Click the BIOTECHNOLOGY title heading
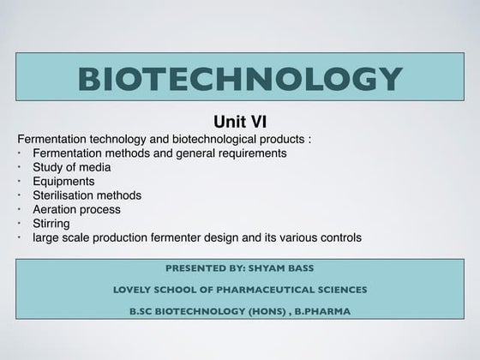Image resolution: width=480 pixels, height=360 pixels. click(239, 80)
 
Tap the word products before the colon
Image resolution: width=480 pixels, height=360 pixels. click(281, 139)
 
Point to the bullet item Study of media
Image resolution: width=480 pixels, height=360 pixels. click(73, 167)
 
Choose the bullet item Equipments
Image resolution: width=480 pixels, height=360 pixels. click(64, 181)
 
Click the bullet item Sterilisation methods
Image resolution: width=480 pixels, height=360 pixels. click(87, 195)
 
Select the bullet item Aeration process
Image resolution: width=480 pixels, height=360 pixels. click(76, 209)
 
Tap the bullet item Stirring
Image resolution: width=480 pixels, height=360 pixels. click(52, 223)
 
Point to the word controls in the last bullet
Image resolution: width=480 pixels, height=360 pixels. click(339, 237)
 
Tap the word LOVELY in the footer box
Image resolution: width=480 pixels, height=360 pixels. click(133, 290)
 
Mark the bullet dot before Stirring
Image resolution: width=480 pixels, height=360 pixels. click(21, 222)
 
